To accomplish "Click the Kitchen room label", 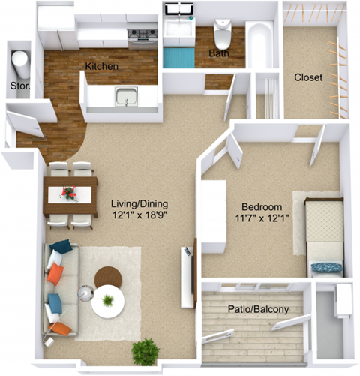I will coord(101,66).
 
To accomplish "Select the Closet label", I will coord(308,77).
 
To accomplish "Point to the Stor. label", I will coord(19,86).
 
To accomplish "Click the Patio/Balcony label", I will coord(259,308).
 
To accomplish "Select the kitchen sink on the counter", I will coord(127,97).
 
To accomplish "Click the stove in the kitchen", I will coord(142,37).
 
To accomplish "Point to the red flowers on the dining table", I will coord(69,193).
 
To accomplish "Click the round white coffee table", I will coord(108,302).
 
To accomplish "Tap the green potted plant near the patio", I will coord(145,350).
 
